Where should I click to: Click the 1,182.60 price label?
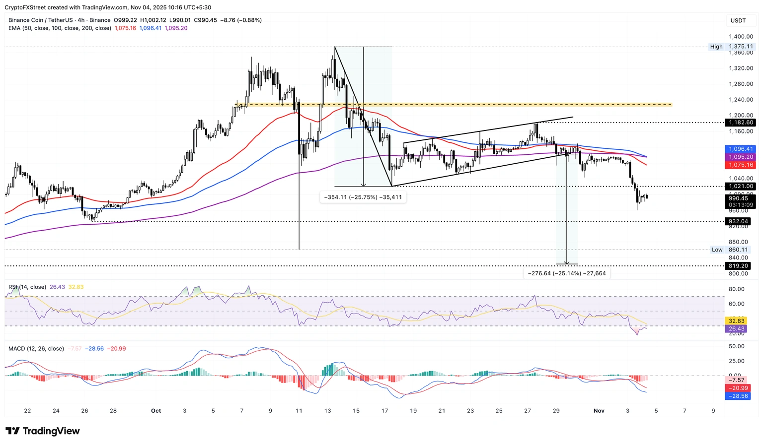(741, 123)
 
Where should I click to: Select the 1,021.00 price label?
(741, 187)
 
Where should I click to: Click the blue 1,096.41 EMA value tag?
(741, 149)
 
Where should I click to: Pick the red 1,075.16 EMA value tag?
(741, 165)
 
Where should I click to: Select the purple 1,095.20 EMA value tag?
(741, 157)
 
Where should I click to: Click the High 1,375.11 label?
(732, 47)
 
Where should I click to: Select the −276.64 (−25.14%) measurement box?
(566, 273)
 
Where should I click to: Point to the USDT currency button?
(738, 20)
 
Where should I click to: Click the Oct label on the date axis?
(156, 411)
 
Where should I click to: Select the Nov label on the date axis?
(599, 411)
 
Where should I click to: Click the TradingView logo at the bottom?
(43, 431)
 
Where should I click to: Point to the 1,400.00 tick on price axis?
(741, 37)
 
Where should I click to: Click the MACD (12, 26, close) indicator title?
(36, 349)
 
